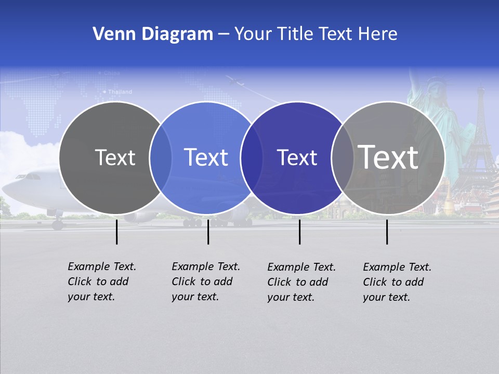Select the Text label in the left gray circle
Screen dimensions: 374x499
(x=115, y=157)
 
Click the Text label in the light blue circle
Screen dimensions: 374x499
(x=206, y=157)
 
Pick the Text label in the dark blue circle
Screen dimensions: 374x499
(x=297, y=157)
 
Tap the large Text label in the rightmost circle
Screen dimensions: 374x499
(x=388, y=157)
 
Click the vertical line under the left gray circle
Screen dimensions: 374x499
(x=117, y=232)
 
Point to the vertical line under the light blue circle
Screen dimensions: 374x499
(x=208, y=232)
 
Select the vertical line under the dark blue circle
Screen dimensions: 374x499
(x=299, y=232)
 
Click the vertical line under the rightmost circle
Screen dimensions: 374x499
(x=387, y=232)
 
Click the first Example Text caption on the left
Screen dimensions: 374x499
(x=101, y=282)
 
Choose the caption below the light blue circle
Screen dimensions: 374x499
(x=205, y=282)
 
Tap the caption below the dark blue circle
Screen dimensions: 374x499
(x=301, y=282)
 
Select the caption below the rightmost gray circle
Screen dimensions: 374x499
(x=397, y=282)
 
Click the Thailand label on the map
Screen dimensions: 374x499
(x=120, y=92)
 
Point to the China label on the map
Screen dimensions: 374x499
(x=112, y=73)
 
